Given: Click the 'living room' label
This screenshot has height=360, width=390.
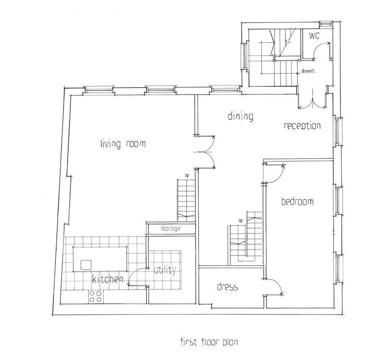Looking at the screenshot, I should coord(123,144).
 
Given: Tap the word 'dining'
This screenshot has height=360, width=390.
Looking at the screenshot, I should coord(241,116).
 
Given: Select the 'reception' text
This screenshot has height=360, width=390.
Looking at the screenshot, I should coord(302,126).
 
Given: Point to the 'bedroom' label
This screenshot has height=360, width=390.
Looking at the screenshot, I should coord(297,202).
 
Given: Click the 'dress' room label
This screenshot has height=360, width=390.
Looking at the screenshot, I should coord(228,287).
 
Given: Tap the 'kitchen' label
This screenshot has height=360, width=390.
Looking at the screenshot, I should coord(107,279).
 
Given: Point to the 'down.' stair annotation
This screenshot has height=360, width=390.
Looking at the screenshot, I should coord(311,72).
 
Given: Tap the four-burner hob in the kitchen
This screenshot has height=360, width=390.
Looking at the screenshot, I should coord(96,296).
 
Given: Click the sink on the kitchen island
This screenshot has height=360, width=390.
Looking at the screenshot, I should coord(86,265).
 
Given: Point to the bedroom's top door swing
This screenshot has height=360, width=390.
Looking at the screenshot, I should coord(275,172).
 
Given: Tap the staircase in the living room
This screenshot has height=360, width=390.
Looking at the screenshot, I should coord(186,199).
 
